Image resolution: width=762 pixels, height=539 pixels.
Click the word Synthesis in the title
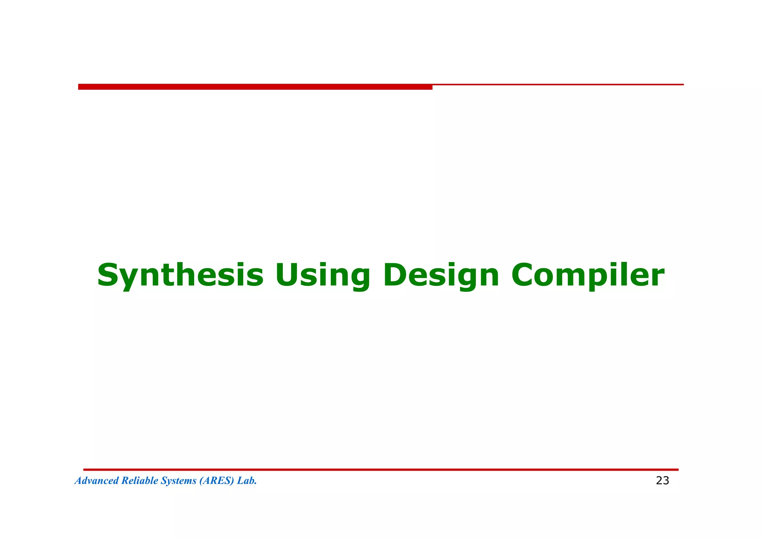pos(180,276)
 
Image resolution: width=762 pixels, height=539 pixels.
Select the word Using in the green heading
pos(323,276)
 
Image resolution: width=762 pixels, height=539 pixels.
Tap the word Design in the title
pos(441,276)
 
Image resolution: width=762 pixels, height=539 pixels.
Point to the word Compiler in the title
pos(587,276)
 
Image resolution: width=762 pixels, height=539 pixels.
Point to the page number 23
pos(662,481)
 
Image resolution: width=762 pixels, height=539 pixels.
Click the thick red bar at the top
pos(255,87)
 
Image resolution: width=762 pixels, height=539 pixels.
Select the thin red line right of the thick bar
pos(558,84)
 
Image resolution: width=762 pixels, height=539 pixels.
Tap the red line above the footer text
pos(381,470)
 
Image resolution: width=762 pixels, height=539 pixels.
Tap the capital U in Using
pos(289,275)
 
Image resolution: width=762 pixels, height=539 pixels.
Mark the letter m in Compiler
pos(571,278)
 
